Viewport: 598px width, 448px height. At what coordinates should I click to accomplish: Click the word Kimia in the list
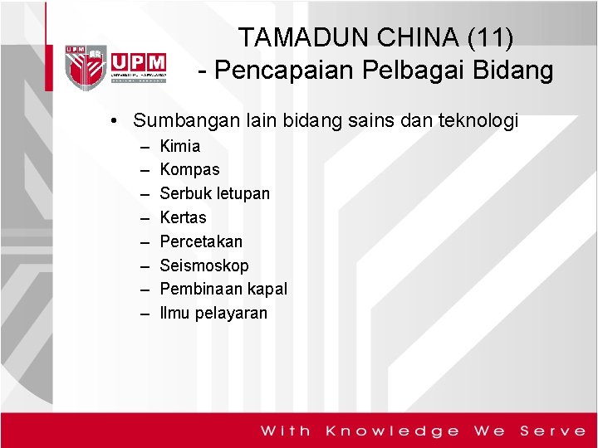(x=179, y=146)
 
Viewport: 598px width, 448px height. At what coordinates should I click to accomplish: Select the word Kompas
(x=189, y=169)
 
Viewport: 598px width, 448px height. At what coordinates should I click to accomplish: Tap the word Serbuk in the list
(x=185, y=193)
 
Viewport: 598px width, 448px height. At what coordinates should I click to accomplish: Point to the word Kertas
(x=183, y=217)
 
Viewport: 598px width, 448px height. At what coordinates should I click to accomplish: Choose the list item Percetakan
(x=201, y=241)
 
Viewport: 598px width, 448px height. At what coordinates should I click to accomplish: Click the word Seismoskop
(x=203, y=265)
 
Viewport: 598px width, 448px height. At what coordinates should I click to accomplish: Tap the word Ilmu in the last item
(x=174, y=313)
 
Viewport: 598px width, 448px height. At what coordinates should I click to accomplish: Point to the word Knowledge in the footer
(x=393, y=431)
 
